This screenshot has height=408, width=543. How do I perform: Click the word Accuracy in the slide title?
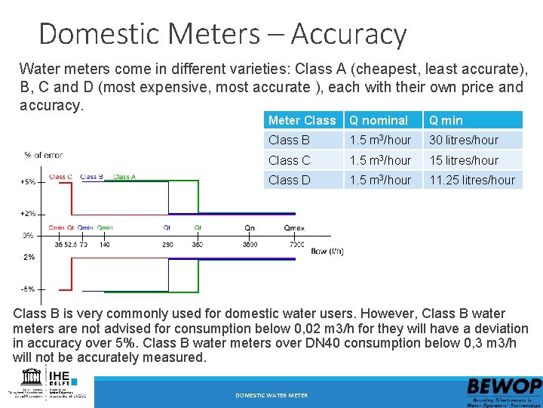click(x=348, y=35)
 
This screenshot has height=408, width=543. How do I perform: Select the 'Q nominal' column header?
click(x=378, y=120)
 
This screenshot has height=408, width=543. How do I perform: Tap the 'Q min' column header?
click(x=446, y=120)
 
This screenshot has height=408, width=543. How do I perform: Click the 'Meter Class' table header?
click(x=302, y=120)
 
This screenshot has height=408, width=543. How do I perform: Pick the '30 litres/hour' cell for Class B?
click(x=464, y=140)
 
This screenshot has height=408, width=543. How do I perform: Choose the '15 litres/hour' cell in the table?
click(x=464, y=160)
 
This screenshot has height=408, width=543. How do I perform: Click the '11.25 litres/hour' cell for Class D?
click(x=472, y=180)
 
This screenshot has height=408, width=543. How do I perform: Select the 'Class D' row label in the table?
click(x=289, y=180)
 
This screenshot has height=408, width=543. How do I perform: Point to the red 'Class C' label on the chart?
click(x=60, y=177)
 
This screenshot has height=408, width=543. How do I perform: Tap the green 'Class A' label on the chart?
click(x=124, y=177)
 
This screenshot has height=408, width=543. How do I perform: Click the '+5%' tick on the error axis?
click(x=27, y=182)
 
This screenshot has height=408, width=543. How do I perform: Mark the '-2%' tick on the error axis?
click(x=27, y=257)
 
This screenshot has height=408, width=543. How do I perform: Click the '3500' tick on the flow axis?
click(x=250, y=244)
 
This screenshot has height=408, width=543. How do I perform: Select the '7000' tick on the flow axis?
click(x=296, y=244)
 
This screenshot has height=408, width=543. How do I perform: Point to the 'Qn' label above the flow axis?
click(x=250, y=227)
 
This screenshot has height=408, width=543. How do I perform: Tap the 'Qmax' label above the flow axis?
click(x=295, y=227)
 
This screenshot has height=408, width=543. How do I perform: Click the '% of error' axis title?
click(x=43, y=155)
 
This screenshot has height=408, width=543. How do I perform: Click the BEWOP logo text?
click(x=503, y=386)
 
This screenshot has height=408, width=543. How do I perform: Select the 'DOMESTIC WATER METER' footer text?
click(x=271, y=395)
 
